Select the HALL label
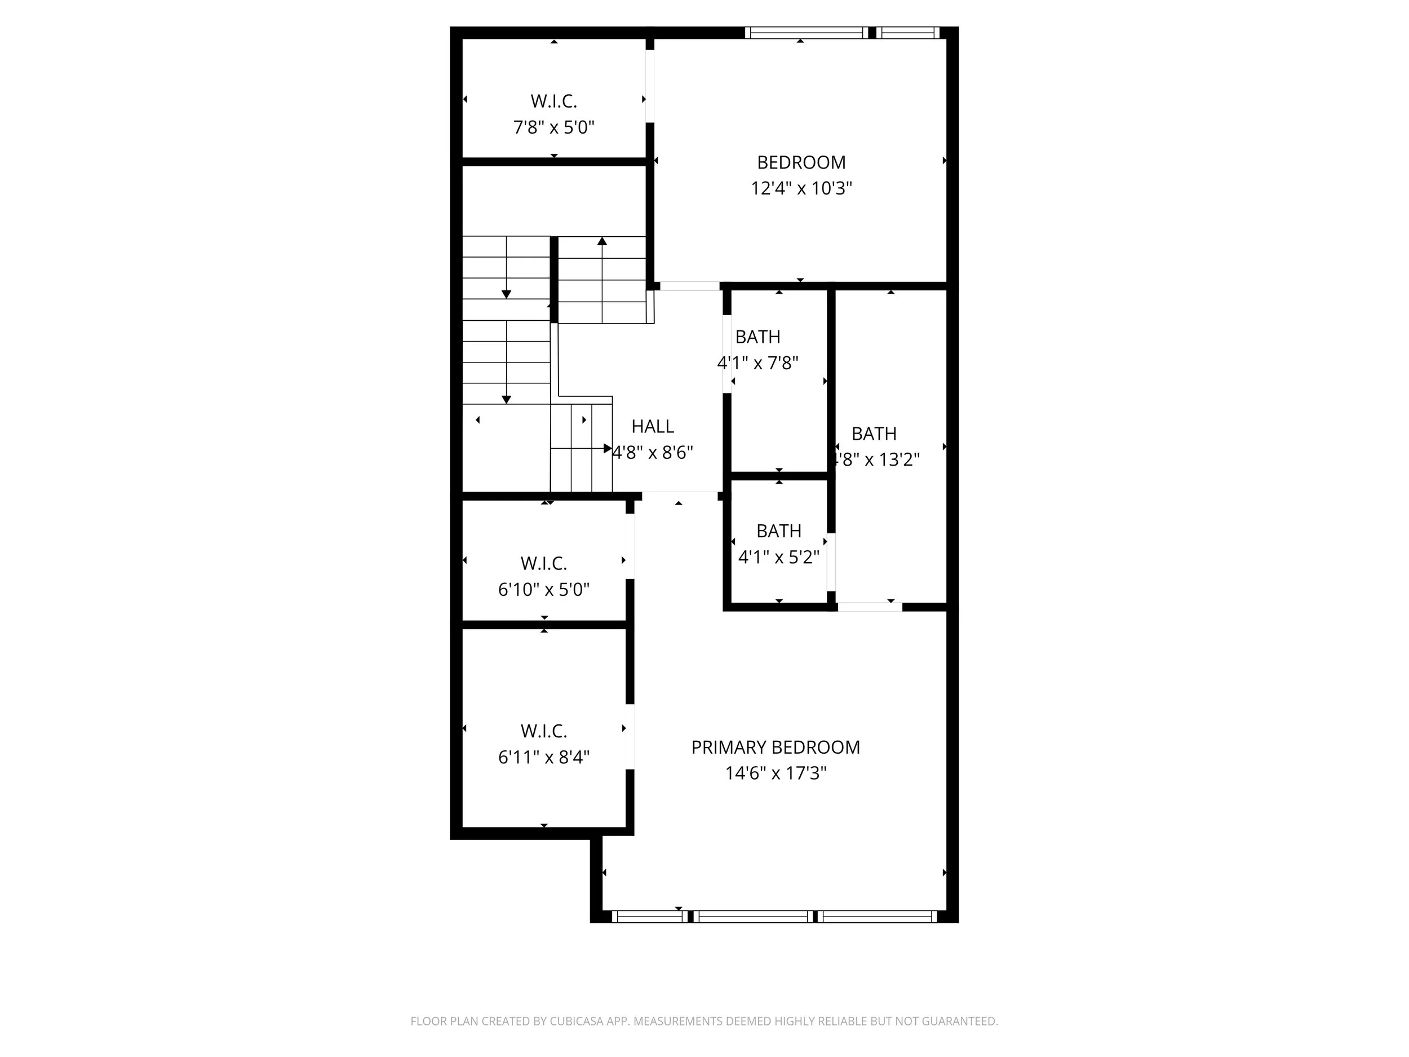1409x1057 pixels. pyautogui.click(x=652, y=426)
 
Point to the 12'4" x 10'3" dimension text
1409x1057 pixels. pyautogui.click(x=801, y=189)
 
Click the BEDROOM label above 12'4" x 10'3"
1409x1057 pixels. pyautogui.click(x=801, y=162)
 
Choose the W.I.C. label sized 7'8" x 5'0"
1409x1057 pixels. pyautogui.click(x=553, y=101)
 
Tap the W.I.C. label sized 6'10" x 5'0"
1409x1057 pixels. pyautogui.click(x=543, y=563)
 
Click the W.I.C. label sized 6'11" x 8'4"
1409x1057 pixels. pyautogui.click(x=543, y=731)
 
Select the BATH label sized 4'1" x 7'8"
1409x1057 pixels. pyautogui.click(x=757, y=337)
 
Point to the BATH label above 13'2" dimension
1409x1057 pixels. pyautogui.click(x=874, y=434)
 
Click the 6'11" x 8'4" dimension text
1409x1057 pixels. pyautogui.click(x=543, y=758)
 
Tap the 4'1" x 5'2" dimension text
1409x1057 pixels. pyautogui.click(x=778, y=558)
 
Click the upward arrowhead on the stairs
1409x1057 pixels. pyautogui.click(x=602, y=241)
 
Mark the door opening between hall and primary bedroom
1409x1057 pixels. pyautogui.click(x=680, y=496)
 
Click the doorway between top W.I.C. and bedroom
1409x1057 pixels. pyautogui.click(x=650, y=86)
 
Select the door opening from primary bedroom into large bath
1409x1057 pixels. pyautogui.click(x=870, y=607)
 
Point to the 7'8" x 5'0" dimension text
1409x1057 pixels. pyautogui.click(x=553, y=127)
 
